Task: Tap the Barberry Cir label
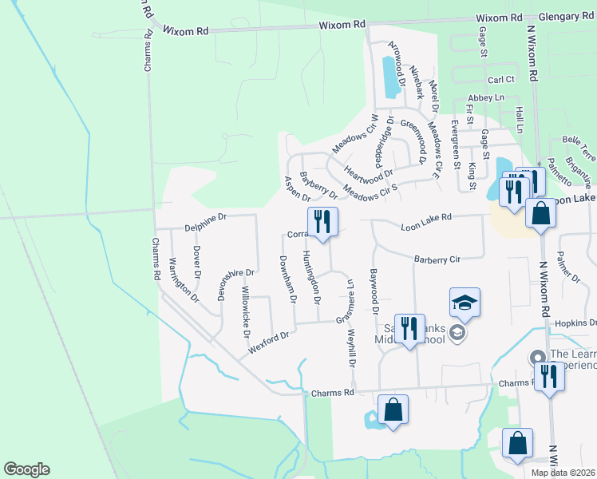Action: click(438, 259)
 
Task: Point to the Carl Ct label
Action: click(501, 80)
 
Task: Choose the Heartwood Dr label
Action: click(369, 173)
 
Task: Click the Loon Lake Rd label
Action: click(426, 216)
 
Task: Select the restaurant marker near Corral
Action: click(322, 221)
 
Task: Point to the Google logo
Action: click(26, 469)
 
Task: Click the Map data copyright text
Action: click(563, 473)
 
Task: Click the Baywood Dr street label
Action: click(373, 291)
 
